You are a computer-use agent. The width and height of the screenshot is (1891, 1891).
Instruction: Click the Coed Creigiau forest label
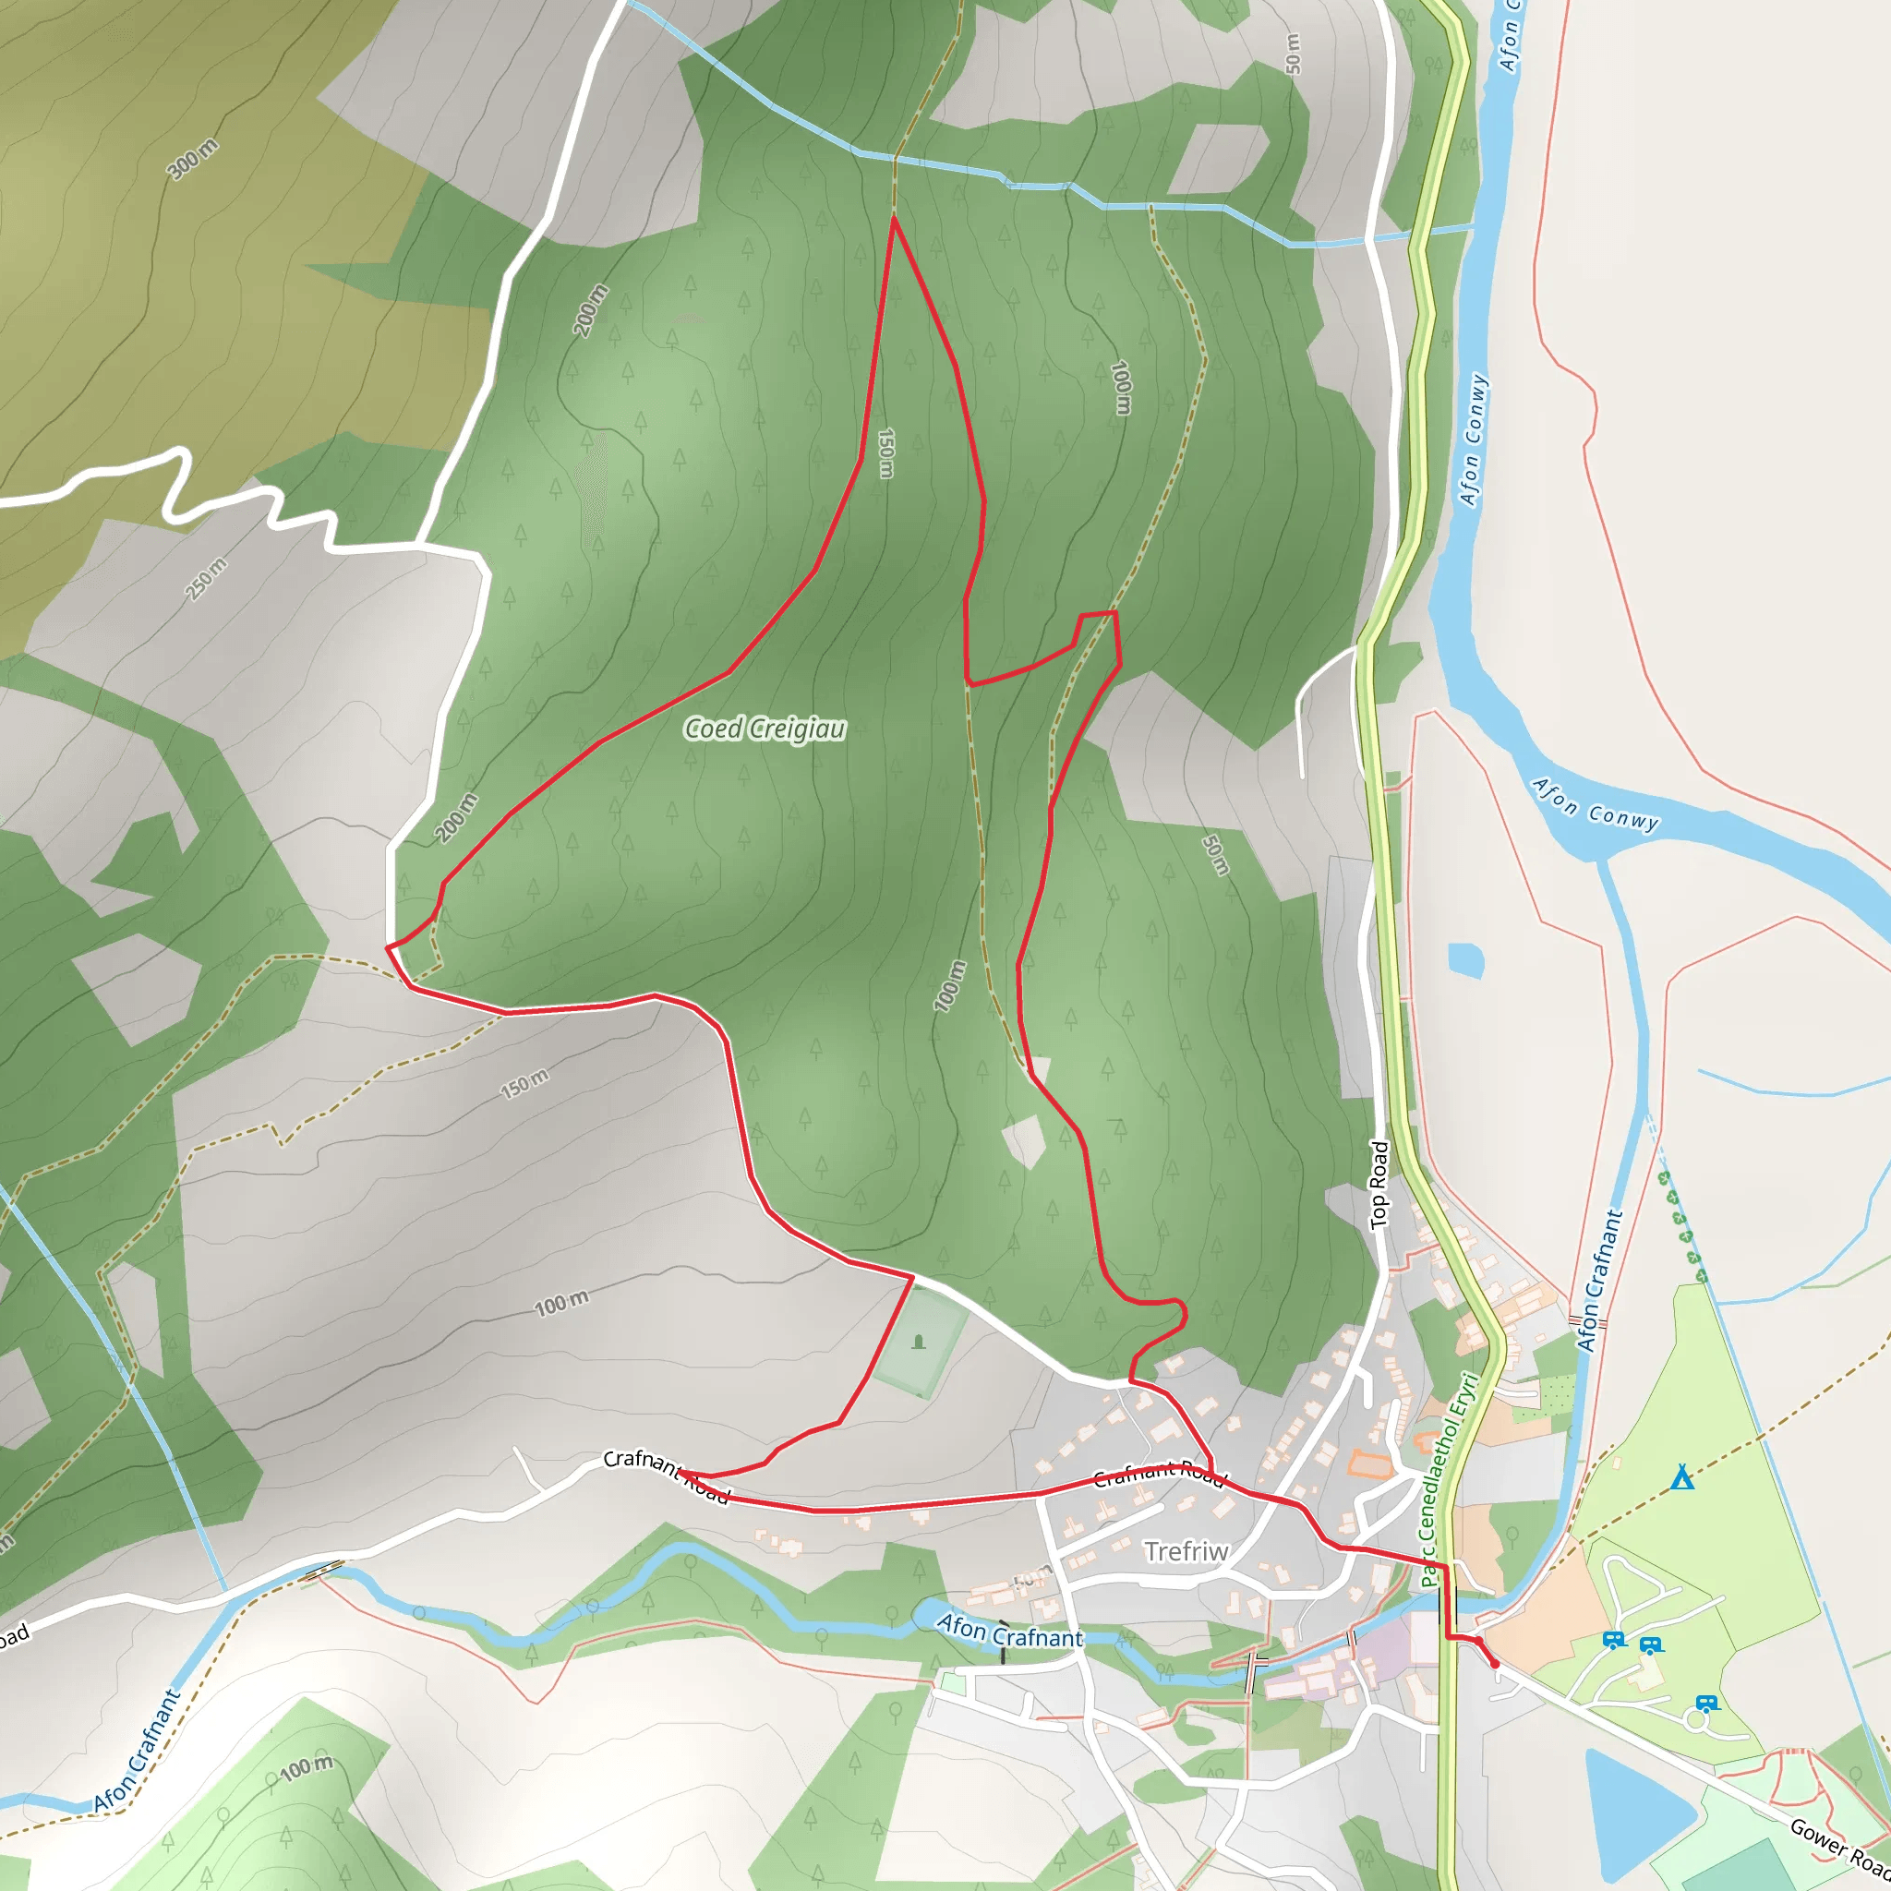[765, 729]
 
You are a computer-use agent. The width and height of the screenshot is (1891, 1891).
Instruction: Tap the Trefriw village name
[1186, 1551]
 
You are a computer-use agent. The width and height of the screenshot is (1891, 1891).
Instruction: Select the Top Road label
[1379, 1185]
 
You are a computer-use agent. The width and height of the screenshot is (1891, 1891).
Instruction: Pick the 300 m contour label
[193, 160]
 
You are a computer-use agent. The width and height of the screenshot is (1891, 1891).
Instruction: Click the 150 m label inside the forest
[885, 452]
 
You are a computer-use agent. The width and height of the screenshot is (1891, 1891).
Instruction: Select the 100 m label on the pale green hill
[306, 1767]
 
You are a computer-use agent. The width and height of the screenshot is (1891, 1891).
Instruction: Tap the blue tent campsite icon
[1681, 1476]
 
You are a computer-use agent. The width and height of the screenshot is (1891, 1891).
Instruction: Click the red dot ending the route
[1495, 1664]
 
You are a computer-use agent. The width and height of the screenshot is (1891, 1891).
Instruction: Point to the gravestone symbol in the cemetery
[918, 1342]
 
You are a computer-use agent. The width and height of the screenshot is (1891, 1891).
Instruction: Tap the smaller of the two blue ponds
[1465, 959]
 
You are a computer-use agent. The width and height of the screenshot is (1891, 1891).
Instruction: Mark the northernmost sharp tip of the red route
[894, 218]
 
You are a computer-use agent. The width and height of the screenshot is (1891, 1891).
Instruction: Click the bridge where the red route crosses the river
[1448, 1605]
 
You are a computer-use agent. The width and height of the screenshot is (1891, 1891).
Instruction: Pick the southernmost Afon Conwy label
[1596, 804]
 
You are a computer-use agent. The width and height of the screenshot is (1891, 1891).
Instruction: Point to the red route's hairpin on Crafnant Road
[680, 1472]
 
